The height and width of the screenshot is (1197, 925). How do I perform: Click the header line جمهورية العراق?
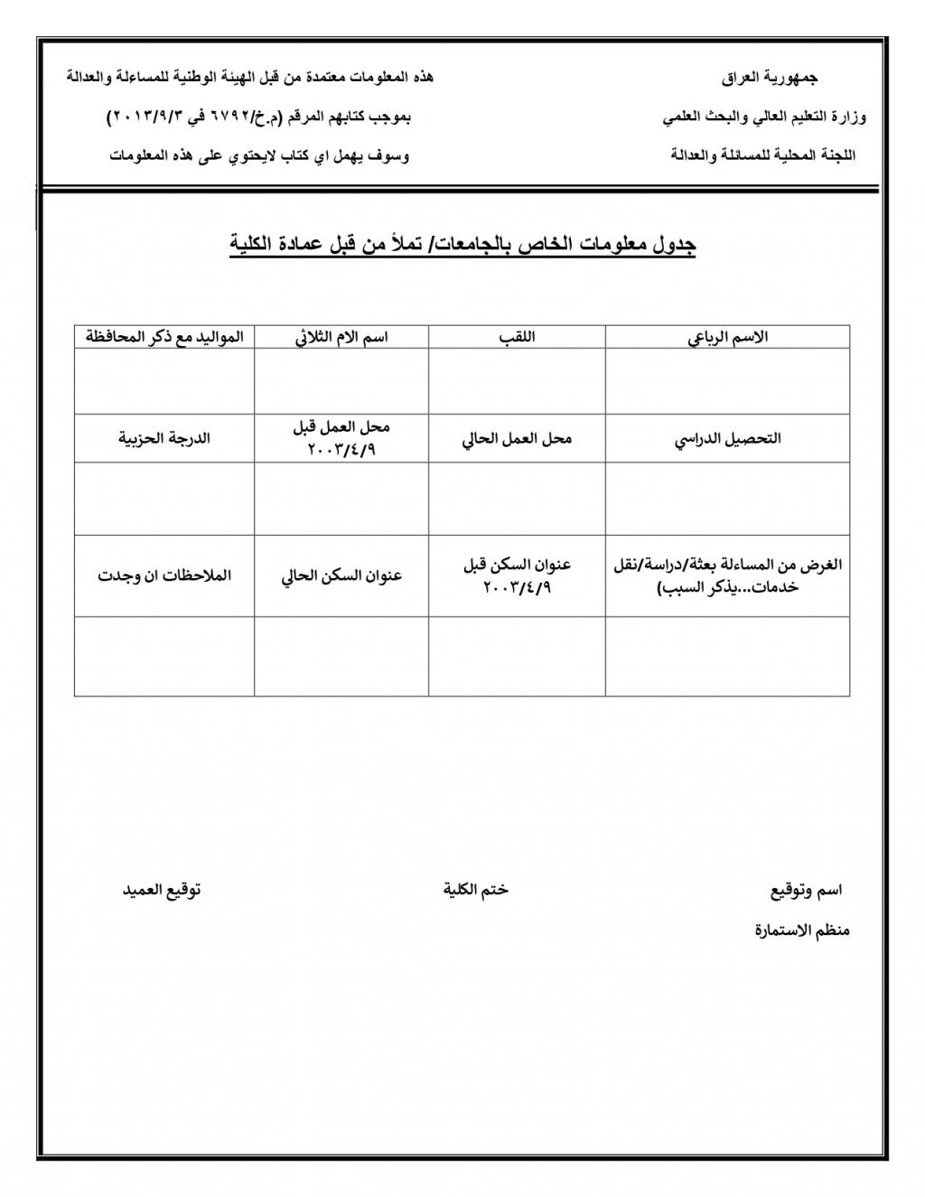pyautogui.click(x=770, y=79)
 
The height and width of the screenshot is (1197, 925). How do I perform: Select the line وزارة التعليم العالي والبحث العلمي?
pyautogui.click(x=764, y=117)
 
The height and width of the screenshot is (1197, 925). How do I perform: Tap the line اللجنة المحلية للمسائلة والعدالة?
pyautogui.click(x=763, y=155)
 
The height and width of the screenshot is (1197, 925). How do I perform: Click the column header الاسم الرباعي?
pyautogui.click(x=727, y=338)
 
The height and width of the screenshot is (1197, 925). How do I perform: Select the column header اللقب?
pyautogui.click(x=517, y=338)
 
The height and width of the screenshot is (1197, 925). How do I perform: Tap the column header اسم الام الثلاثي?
pyautogui.click(x=341, y=338)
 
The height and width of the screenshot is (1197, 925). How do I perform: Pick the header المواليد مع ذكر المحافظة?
pyautogui.click(x=164, y=338)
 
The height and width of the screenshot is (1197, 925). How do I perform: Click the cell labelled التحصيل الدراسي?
pyautogui.click(x=727, y=439)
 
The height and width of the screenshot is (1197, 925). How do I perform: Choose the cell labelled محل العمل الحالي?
pyautogui.click(x=517, y=439)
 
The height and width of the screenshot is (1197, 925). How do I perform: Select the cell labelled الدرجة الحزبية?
pyautogui.click(x=164, y=439)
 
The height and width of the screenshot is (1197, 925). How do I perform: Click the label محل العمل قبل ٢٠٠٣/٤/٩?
pyautogui.click(x=341, y=438)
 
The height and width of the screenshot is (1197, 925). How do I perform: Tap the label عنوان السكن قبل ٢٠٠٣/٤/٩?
pyautogui.click(x=517, y=575)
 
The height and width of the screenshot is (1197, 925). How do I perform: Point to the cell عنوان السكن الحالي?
pyautogui.click(x=341, y=576)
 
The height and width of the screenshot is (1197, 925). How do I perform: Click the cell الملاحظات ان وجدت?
pyautogui.click(x=164, y=576)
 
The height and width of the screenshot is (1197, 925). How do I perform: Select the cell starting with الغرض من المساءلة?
pyautogui.click(x=727, y=575)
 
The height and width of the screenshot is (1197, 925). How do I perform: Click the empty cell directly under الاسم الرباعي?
pyautogui.click(x=727, y=381)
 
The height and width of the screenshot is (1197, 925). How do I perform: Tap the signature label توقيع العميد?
pyautogui.click(x=162, y=890)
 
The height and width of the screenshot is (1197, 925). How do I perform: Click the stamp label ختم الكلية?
pyautogui.click(x=476, y=890)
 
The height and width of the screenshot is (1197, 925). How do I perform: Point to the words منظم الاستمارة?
pyautogui.click(x=802, y=930)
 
